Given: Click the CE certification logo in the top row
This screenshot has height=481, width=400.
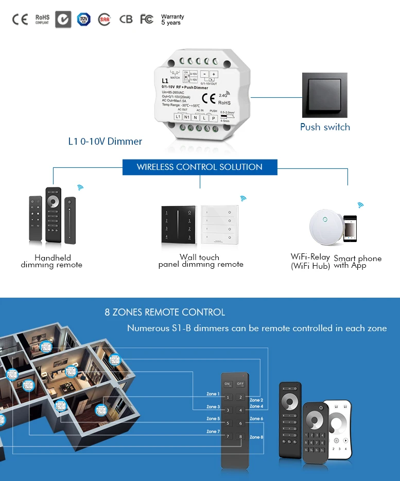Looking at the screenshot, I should (x=20, y=20).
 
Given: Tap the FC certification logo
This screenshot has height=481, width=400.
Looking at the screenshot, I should (x=147, y=19).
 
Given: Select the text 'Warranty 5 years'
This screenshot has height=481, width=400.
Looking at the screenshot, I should (x=172, y=20).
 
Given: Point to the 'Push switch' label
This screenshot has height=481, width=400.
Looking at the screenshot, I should (x=325, y=127).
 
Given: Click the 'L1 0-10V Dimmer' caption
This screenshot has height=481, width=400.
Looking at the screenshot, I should (x=105, y=141).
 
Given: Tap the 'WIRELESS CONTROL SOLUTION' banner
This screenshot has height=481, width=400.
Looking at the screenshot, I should (x=199, y=167).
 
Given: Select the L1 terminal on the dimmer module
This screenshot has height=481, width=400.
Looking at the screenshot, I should (x=179, y=117).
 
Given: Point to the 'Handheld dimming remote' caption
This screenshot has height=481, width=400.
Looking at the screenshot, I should (x=51, y=261).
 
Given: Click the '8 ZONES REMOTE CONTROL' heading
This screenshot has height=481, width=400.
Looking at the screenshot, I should (x=165, y=312).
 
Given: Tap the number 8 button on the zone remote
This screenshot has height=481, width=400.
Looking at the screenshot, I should (x=240, y=437).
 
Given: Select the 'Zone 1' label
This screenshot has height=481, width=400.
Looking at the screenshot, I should (x=213, y=394).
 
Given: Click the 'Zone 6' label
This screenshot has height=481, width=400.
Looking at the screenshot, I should (x=256, y=419).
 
